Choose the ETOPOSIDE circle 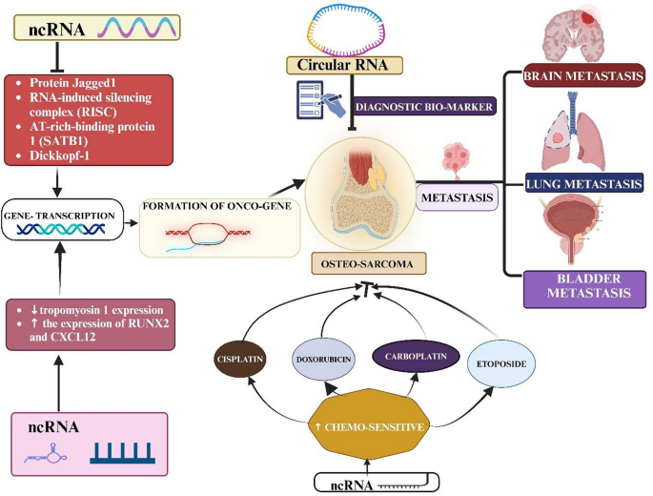(x=494, y=363)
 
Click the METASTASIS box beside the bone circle (x=458, y=198)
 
